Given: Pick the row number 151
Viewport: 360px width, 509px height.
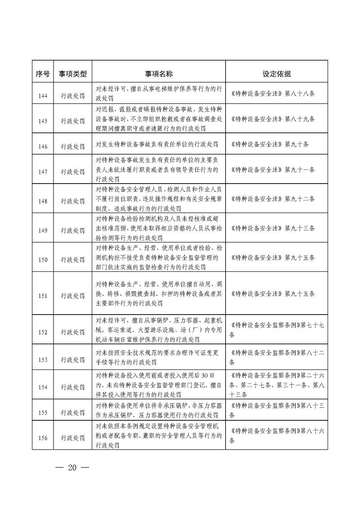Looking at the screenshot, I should tap(43, 296).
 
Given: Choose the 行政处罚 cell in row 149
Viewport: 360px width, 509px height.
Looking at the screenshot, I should tap(72, 230).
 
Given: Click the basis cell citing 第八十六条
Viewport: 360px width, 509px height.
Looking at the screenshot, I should tap(276, 435).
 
